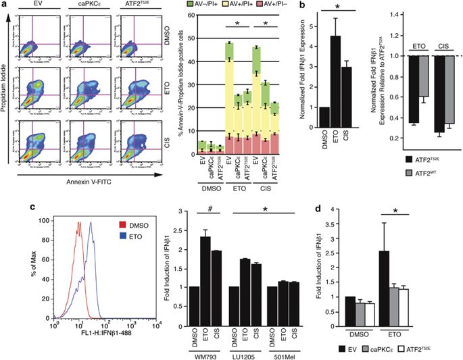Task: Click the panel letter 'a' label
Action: click(5, 6)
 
